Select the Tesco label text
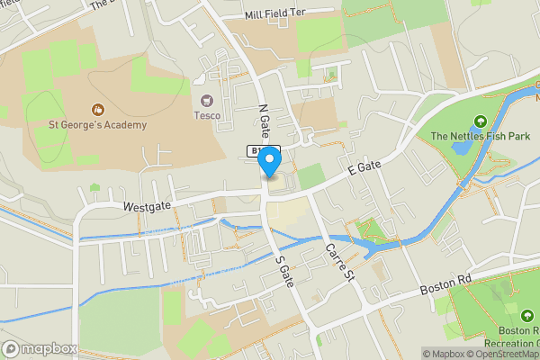point(207,114)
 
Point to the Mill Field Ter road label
point(276,15)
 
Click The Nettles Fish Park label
point(481,136)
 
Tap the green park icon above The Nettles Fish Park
point(480,121)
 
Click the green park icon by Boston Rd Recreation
point(526,315)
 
